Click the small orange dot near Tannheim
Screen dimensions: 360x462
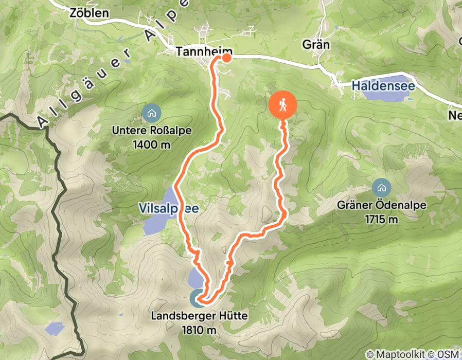[226, 58]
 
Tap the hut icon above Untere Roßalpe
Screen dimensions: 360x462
[152, 112]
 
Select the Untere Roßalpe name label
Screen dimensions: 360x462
[152, 131]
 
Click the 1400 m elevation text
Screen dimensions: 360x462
[152, 145]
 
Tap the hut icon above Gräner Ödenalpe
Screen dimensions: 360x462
[382, 186]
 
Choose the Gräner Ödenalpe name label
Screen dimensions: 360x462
[382, 205]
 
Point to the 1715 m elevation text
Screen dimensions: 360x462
[382, 219]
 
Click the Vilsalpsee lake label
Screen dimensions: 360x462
[168, 208]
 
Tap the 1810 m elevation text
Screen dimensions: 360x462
[199, 329]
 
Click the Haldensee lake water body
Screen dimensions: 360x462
[381, 95]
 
